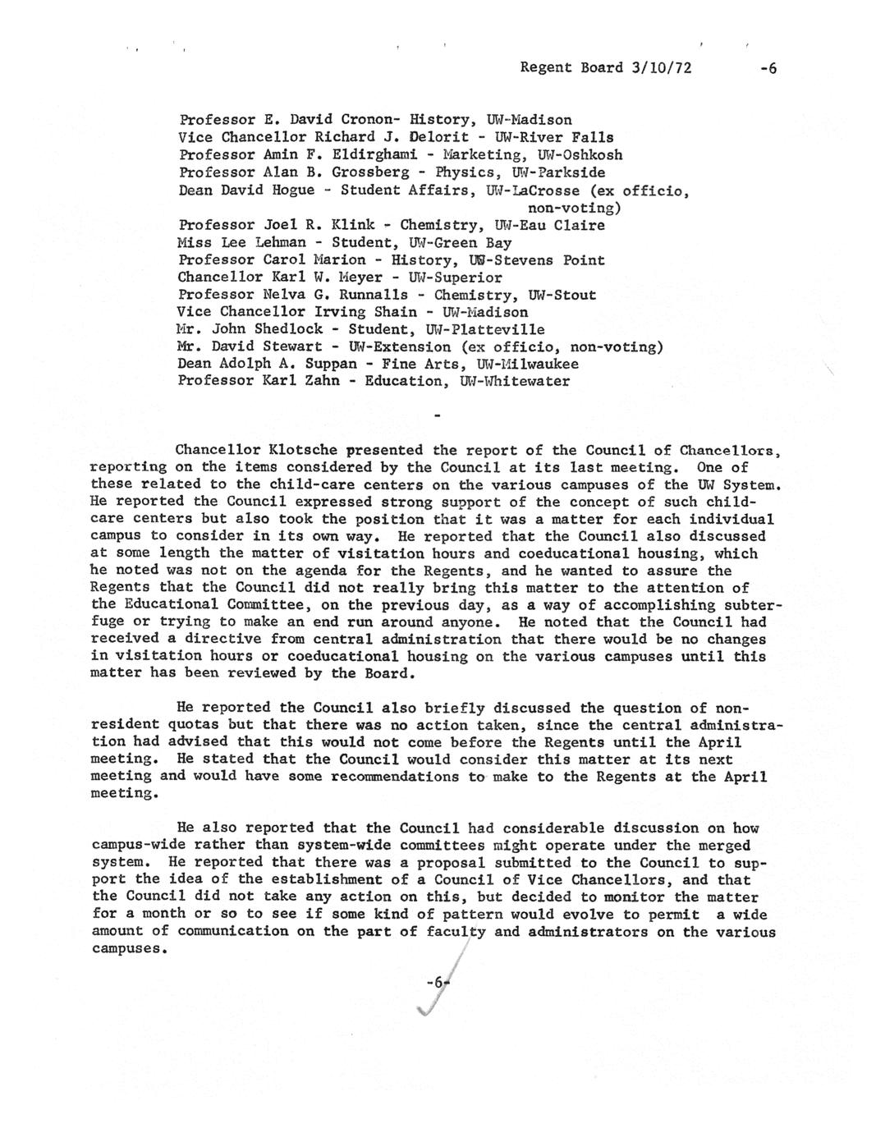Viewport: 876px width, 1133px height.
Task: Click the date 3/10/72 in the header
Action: [x=658, y=68]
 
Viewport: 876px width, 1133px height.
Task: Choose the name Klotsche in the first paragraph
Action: [x=305, y=450]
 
